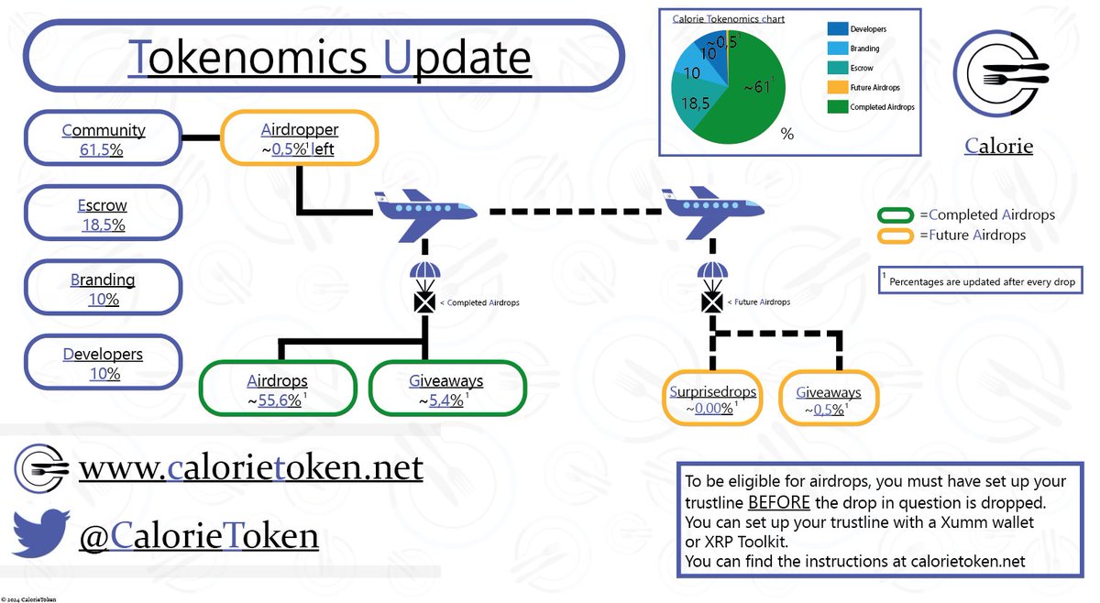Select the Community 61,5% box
(103, 139)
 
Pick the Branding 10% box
(103, 289)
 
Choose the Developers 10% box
(103, 364)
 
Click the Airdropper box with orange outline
(297, 139)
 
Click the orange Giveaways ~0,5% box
(827, 400)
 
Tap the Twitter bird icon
(40, 533)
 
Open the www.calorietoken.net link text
(250, 468)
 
